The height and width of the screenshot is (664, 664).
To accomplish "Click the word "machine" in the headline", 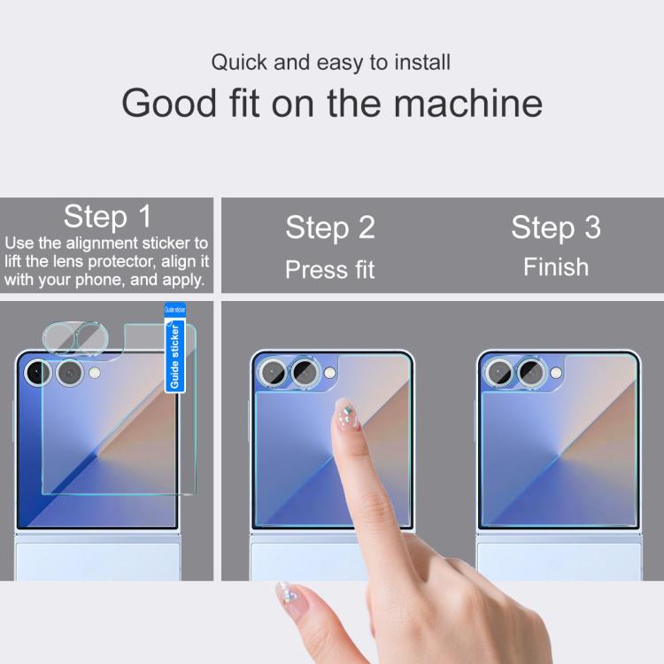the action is pos(468,104).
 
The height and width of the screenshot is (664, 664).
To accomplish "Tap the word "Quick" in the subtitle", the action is pos(239,62).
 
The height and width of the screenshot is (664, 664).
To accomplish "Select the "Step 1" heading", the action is pos(107,216).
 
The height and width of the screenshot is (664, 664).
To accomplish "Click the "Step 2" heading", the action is pos(330,228).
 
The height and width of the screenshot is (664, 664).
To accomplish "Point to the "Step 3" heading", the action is pos(556,228).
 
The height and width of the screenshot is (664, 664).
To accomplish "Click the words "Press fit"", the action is pos(330,269).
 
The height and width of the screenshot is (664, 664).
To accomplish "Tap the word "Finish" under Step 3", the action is pos(556,266).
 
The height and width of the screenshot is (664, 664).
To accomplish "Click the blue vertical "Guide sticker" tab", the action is pos(175,348).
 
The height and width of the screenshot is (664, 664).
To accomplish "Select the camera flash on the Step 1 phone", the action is pos(95,373).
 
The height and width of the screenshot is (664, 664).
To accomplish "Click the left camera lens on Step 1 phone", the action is pos(38,373).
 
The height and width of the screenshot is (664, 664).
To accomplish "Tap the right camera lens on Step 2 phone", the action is pos(305,372).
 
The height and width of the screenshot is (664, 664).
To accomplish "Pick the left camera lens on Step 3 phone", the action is pos(499,373).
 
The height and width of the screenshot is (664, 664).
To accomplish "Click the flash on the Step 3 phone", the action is pos(556,373).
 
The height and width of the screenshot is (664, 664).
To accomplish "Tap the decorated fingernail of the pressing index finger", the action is pos(347,414).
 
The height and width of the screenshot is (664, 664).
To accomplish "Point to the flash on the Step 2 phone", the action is pos(329,373).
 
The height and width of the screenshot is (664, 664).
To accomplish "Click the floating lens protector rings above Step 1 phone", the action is pos(76,338).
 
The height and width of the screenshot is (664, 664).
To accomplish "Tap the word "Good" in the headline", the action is pos(169,104).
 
